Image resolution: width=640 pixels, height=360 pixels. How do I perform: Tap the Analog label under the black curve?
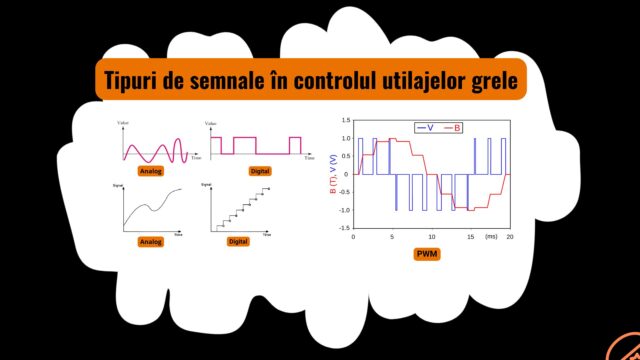(151, 242)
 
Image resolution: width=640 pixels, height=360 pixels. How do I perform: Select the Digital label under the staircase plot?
(238, 242)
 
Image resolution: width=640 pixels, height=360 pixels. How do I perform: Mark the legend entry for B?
(453, 128)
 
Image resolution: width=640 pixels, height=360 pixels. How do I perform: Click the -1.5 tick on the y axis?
(342, 228)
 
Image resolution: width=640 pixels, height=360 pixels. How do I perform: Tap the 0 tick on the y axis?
(346, 174)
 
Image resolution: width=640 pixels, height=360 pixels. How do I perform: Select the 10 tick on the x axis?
(432, 237)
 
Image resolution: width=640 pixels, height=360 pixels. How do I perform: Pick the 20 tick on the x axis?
(510, 237)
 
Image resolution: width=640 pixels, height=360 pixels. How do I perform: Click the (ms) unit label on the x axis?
(490, 237)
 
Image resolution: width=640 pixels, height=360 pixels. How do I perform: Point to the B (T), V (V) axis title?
(332, 174)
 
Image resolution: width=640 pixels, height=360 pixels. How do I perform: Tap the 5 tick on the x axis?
(393, 237)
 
